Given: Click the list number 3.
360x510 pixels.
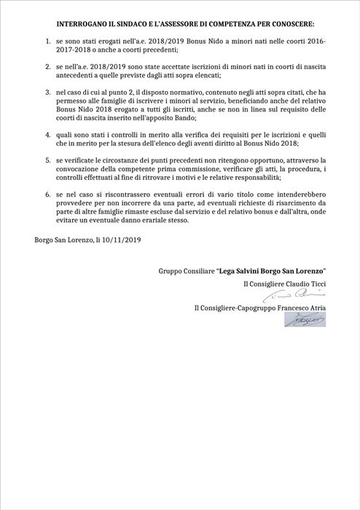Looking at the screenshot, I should click(46, 93).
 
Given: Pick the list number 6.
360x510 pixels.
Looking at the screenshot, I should click(46, 196).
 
